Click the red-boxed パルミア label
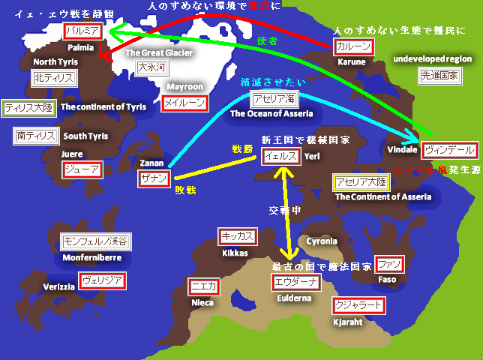(82, 32)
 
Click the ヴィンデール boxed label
(449, 150)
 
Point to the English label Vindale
(403, 150)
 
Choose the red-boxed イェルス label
(281, 157)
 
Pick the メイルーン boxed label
(184, 102)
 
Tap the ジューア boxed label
(81, 169)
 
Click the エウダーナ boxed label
(295, 282)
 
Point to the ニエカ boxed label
(202, 286)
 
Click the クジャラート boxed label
(358, 305)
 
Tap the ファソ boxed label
(389, 264)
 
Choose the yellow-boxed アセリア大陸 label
(360, 182)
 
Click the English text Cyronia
(321, 241)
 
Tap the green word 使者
(267, 40)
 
